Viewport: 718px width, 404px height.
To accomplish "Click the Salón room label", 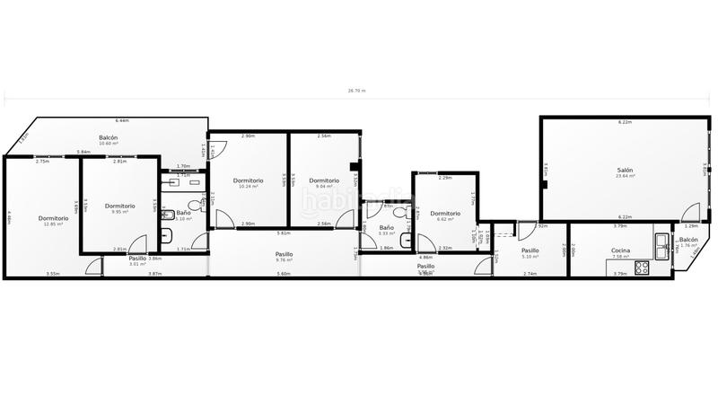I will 625,170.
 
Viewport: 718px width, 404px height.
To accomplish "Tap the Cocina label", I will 620,250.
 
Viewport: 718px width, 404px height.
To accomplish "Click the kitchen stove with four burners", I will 643,267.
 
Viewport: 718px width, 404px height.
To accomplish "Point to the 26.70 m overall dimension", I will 357,91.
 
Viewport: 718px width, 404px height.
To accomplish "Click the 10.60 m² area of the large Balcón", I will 109,144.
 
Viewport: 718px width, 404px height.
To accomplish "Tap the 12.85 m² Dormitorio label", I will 54,218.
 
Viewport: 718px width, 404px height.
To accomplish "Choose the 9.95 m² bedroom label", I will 119,206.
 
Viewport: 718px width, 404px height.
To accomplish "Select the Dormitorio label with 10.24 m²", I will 248,180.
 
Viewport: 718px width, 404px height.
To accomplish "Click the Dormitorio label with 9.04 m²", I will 324,180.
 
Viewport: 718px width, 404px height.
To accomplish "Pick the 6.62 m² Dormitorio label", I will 445,213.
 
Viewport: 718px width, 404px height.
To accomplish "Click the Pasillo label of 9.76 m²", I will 284,254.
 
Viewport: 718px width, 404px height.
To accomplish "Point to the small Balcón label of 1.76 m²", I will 688,240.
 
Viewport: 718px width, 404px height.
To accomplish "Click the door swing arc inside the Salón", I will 690,213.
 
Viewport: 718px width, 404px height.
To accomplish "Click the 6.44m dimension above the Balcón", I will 122,120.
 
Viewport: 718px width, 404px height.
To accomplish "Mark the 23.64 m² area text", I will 626,176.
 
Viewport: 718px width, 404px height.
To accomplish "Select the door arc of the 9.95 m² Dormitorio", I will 137,243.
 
